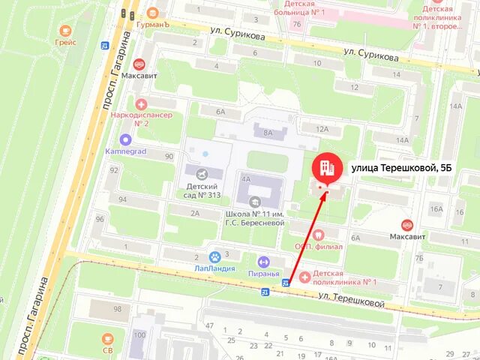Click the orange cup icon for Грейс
(x=65, y=31)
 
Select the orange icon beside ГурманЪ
(x=154, y=12)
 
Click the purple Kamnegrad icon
(x=125, y=139)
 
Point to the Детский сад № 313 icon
(x=201, y=174)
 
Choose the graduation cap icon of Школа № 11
(x=254, y=201)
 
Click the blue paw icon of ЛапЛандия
(x=214, y=256)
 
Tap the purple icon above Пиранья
(x=263, y=262)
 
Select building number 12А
(x=322, y=129)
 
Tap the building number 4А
(x=245, y=179)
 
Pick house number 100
(x=139, y=334)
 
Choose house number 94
(x=121, y=199)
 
